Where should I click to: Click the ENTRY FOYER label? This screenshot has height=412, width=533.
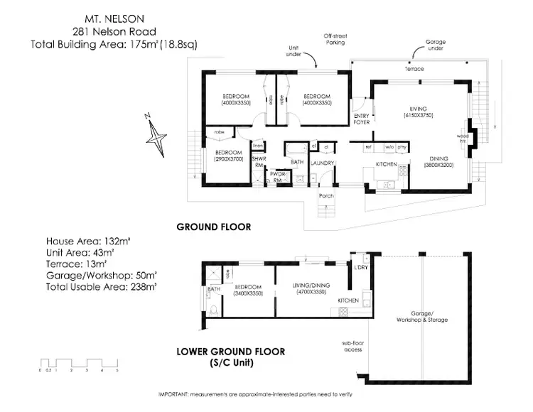(362, 119)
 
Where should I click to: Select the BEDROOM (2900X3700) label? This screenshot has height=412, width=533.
(229, 156)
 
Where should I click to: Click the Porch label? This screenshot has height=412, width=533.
(326, 196)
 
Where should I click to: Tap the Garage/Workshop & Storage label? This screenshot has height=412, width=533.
(424, 317)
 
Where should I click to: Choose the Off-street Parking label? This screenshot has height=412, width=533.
(335, 39)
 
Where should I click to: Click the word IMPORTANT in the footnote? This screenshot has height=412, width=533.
(174, 394)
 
